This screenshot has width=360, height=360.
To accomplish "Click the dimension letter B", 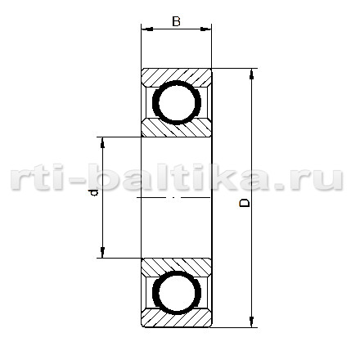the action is (177, 21).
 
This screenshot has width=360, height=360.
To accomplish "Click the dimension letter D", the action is (245, 203).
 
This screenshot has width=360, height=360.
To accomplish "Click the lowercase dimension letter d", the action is (93, 193).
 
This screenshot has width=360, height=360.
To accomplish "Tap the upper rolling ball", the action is (177, 102).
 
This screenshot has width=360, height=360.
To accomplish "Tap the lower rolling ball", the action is (177, 292).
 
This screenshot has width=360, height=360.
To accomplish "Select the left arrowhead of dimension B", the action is (147, 29).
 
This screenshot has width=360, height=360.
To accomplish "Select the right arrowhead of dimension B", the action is (205, 29).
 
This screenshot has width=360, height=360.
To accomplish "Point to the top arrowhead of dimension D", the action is (251, 74).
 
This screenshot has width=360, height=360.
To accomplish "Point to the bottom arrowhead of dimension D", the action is (251, 322).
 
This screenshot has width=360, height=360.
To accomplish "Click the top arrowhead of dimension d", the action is (102, 143).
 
